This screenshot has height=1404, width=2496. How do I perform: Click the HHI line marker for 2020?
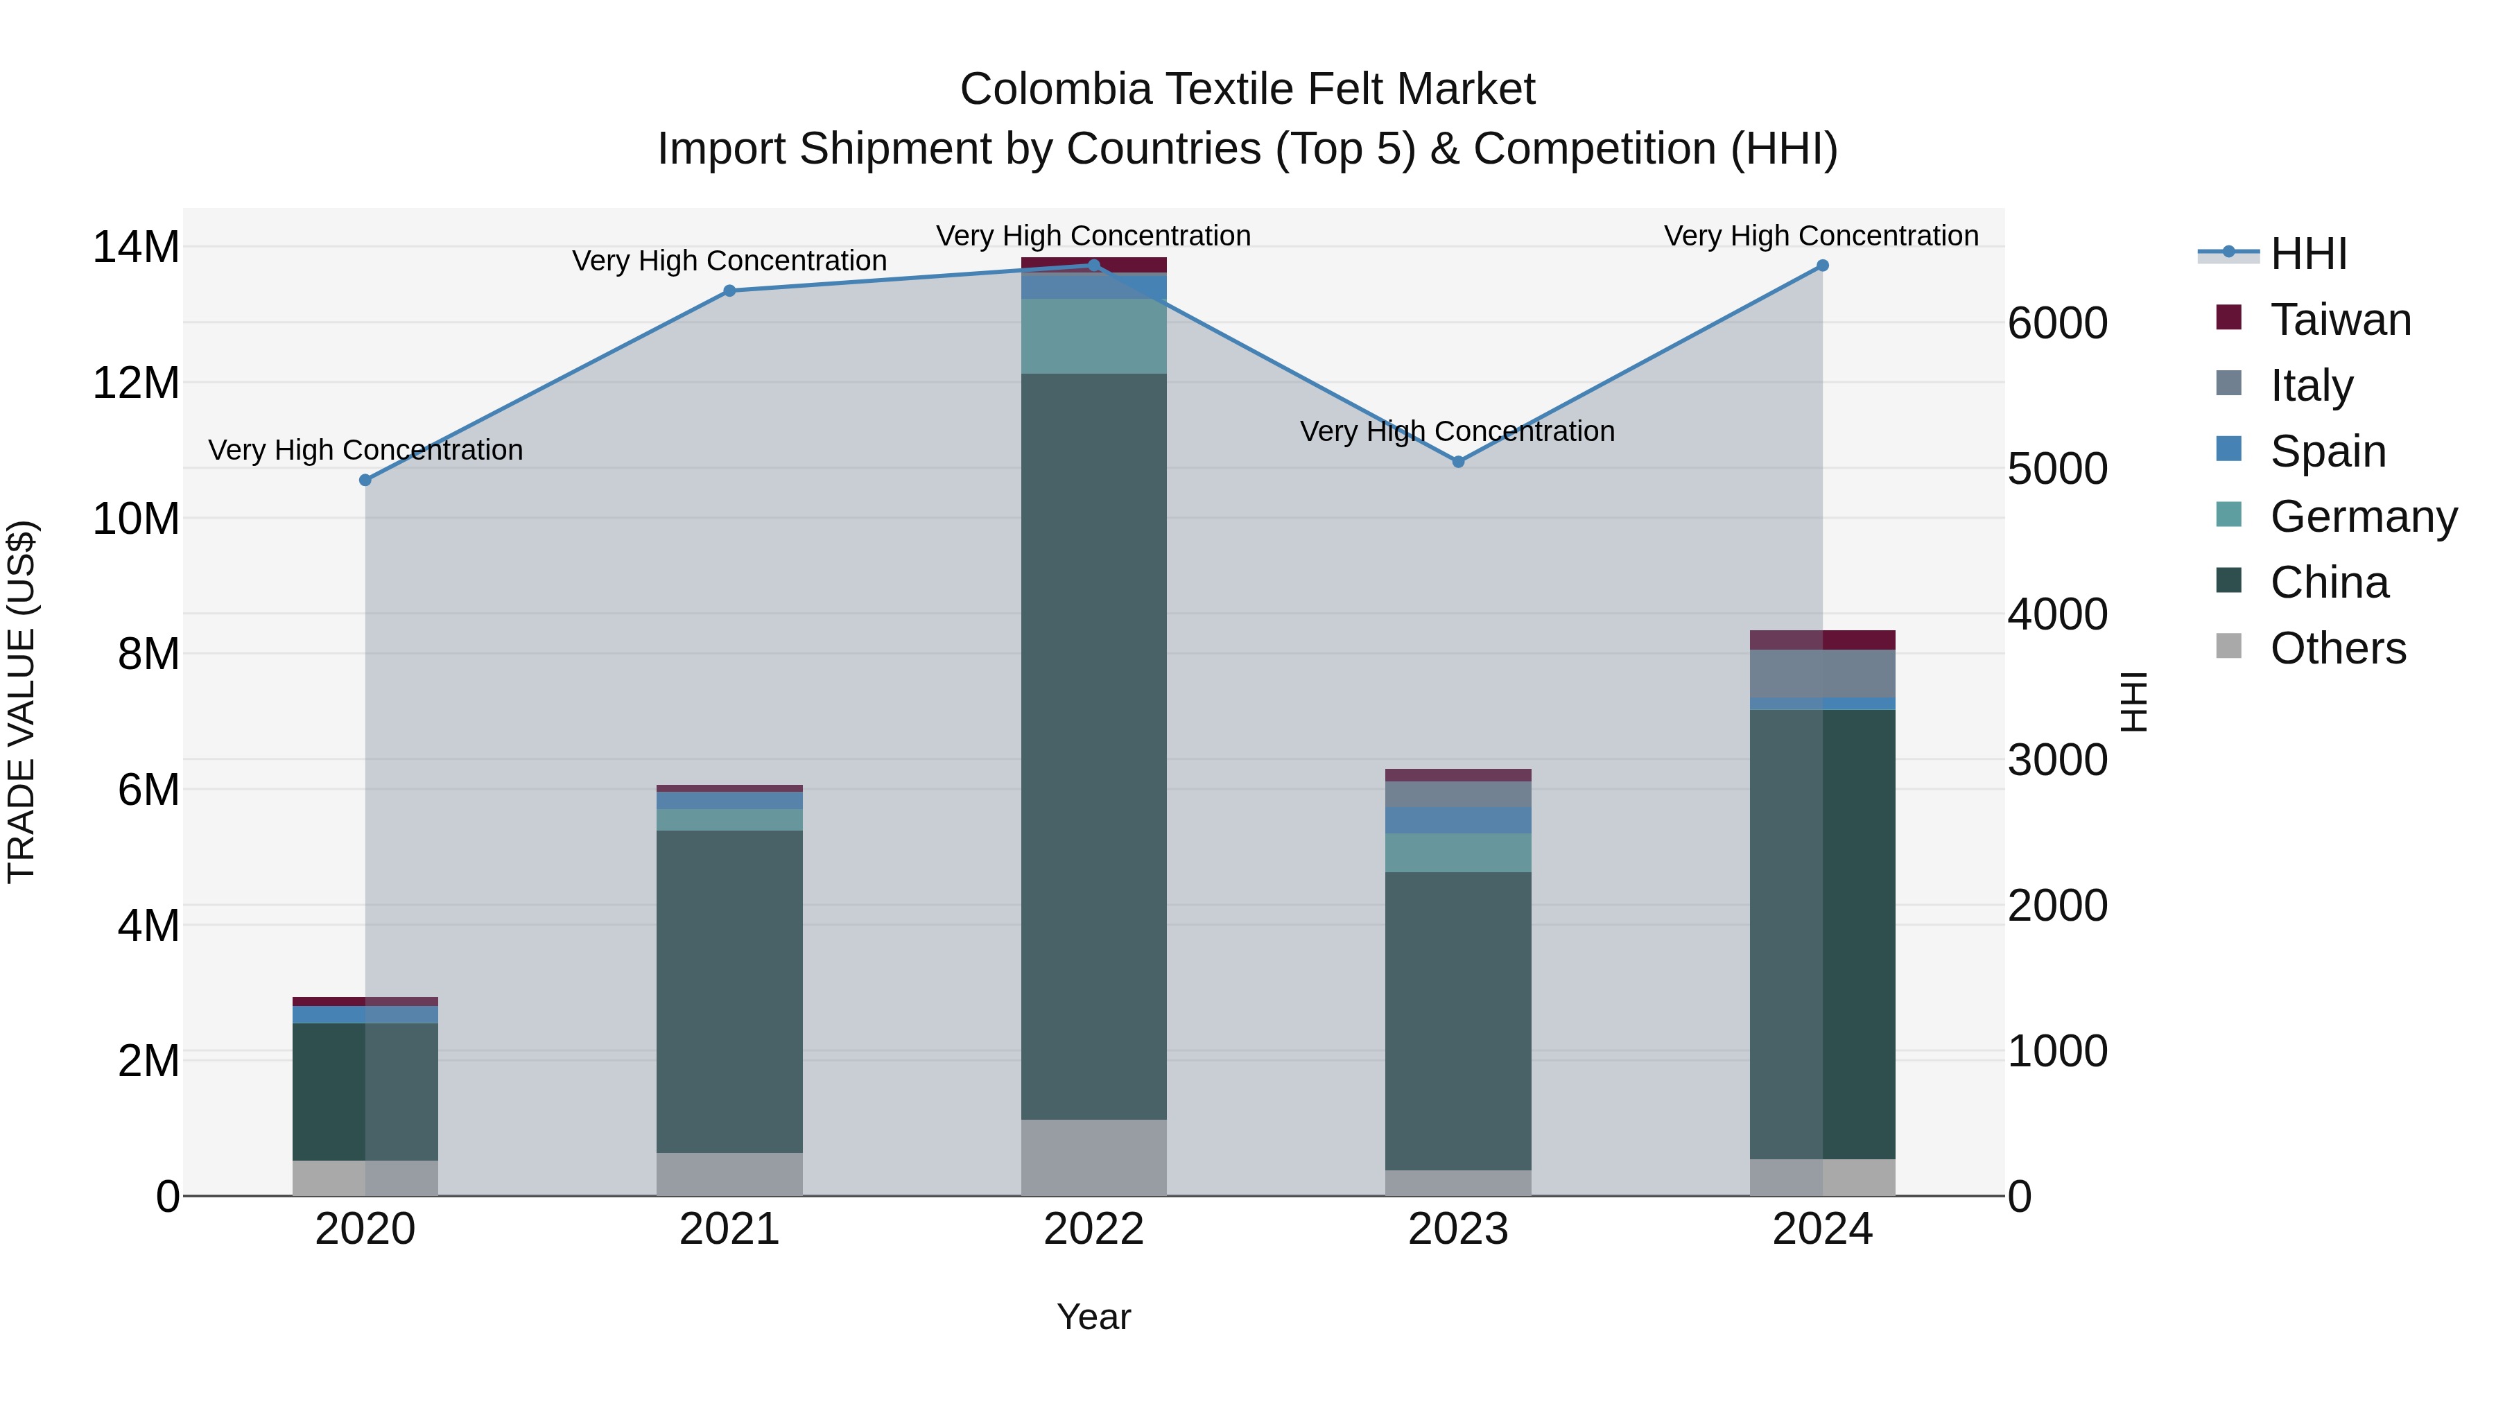(365, 480)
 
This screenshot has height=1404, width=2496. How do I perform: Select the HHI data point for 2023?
(1458, 462)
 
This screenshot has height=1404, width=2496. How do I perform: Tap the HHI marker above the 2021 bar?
(729, 291)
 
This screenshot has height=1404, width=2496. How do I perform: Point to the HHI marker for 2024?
(1823, 266)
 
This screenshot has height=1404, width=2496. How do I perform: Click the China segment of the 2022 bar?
(1094, 746)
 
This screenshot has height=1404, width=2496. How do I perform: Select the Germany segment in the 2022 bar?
(1094, 336)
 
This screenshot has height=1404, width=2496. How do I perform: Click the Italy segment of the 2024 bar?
(1823, 673)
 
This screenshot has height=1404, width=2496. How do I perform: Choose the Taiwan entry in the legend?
(2340, 320)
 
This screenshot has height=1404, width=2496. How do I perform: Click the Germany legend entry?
(2362, 517)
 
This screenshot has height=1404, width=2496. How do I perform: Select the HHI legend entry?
(2308, 254)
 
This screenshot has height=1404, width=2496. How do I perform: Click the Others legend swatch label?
(2337, 648)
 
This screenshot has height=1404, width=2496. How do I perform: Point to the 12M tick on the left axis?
(136, 383)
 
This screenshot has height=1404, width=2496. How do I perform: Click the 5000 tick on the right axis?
(2057, 469)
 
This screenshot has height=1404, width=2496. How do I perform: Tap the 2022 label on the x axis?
(1094, 1229)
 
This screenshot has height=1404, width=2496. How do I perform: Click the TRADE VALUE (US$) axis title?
(21, 702)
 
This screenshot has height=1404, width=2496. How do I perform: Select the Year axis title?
(1094, 1317)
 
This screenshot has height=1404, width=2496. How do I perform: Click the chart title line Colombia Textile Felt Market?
(1247, 89)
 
